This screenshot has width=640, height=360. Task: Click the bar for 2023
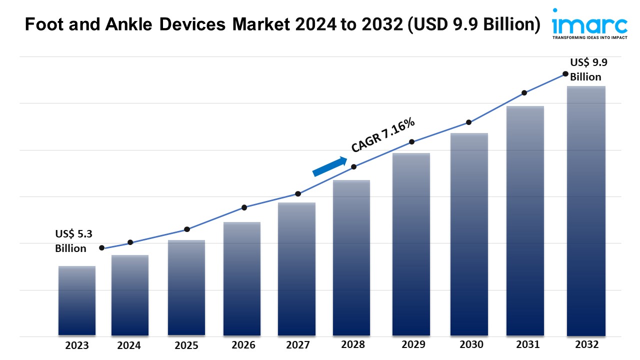tap(77, 300)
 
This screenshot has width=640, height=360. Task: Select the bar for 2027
tap(297, 268)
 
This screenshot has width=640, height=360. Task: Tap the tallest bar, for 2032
tap(586, 210)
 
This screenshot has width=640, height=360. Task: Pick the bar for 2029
tap(411, 244)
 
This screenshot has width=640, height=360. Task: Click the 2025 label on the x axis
tap(186, 345)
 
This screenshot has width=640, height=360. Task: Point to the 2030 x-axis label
tap(471, 344)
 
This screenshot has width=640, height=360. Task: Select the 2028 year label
tap(352, 344)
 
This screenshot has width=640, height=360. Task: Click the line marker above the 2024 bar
tap(130, 242)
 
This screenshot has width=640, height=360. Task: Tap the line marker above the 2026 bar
tap(244, 207)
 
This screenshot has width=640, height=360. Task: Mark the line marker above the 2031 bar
tap(524, 93)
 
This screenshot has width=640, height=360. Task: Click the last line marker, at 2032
tap(565, 73)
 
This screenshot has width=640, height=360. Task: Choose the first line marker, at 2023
tap(102, 248)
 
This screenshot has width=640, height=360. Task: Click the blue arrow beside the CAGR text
tap(330, 166)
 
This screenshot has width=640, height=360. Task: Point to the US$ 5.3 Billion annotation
tap(73, 240)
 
